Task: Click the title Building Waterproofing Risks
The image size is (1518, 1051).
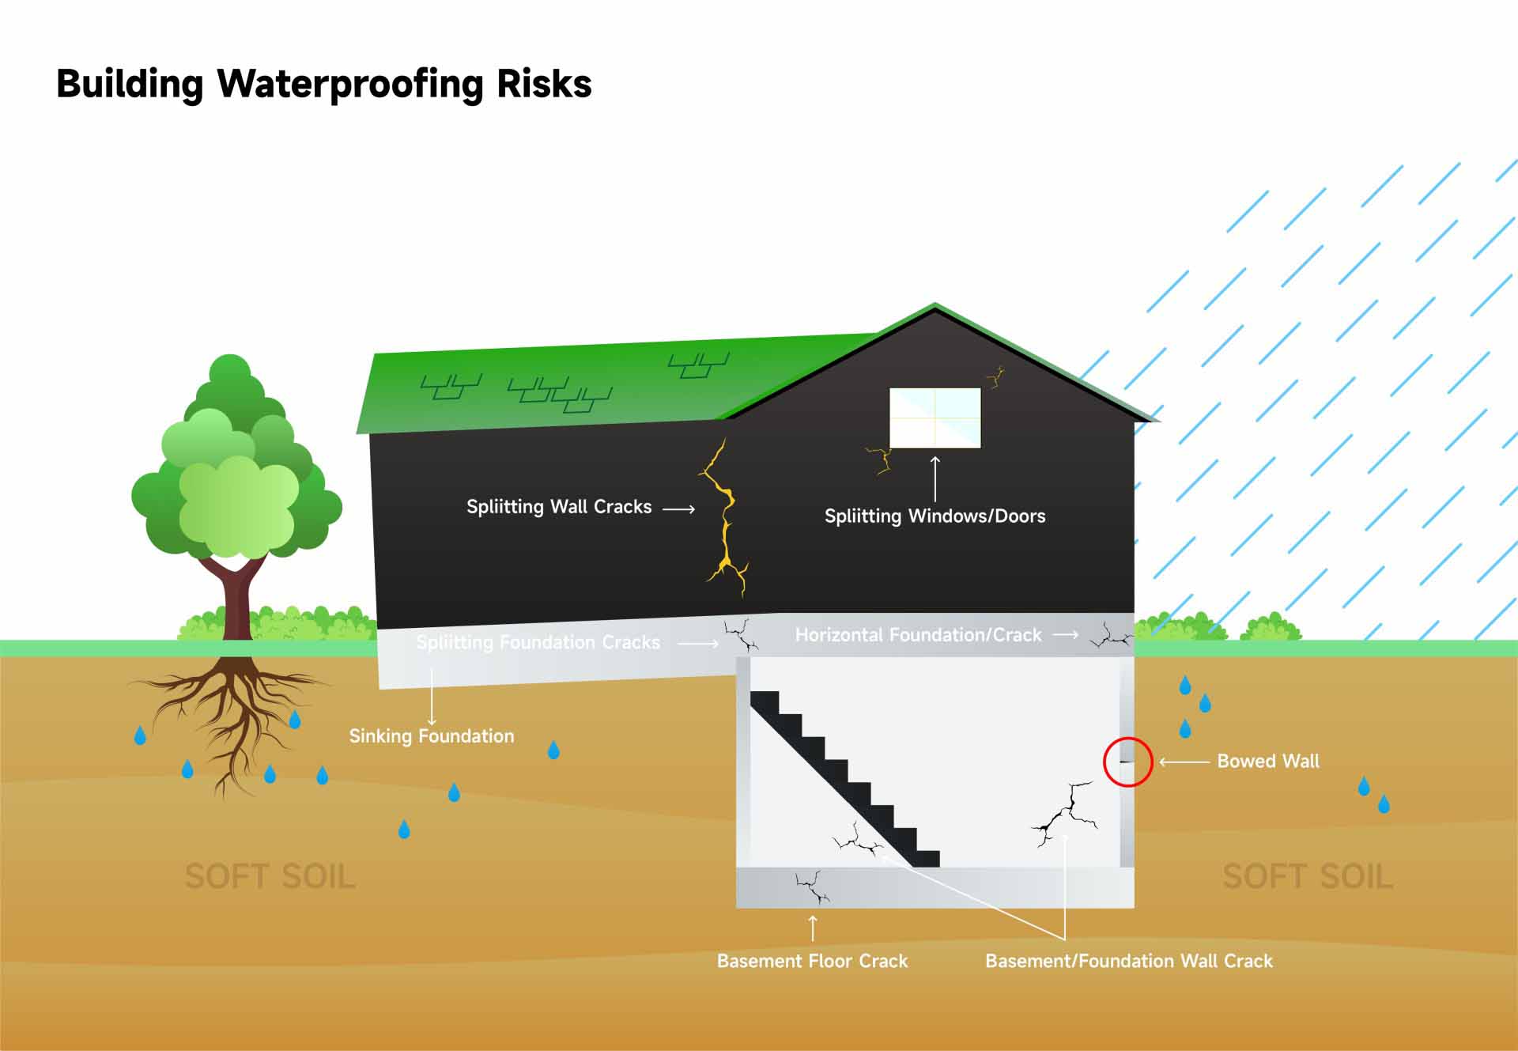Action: pyautogui.click(x=324, y=84)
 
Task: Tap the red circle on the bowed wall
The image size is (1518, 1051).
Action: pyautogui.click(x=1128, y=762)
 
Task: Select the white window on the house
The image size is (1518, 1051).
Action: pyautogui.click(x=935, y=418)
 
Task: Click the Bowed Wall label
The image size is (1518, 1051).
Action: pyautogui.click(x=1268, y=762)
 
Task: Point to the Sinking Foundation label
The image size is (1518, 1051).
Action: pyautogui.click(x=432, y=736)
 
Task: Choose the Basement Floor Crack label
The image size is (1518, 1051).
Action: pyautogui.click(x=812, y=961)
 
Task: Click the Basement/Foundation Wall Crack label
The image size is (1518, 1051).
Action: pyautogui.click(x=1129, y=961)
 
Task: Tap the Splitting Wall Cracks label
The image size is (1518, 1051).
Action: pyautogui.click(x=559, y=507)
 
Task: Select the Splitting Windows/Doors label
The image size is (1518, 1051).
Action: pyautogui.click(x=935, y=516)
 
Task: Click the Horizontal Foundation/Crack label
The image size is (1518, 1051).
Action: pyautogui.click(x=918, y=635)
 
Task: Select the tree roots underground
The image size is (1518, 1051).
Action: pyautogui.click(x=229, y=712)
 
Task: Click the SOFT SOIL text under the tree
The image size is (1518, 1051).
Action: pyautogui.click(x=270, y=876)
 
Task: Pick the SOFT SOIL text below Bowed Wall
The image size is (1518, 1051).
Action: pyautogui.click(x=1308, y=876)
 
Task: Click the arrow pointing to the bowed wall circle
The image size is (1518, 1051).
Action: pyautogui.click(x=1184, y=762)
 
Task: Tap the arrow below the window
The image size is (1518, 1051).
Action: pyautogui.click(x=935, y=478)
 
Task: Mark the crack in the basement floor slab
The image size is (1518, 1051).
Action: pyautogui.click(x=812, y=888)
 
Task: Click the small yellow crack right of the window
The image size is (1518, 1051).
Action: pyautogui.click(x=995, y=377)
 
